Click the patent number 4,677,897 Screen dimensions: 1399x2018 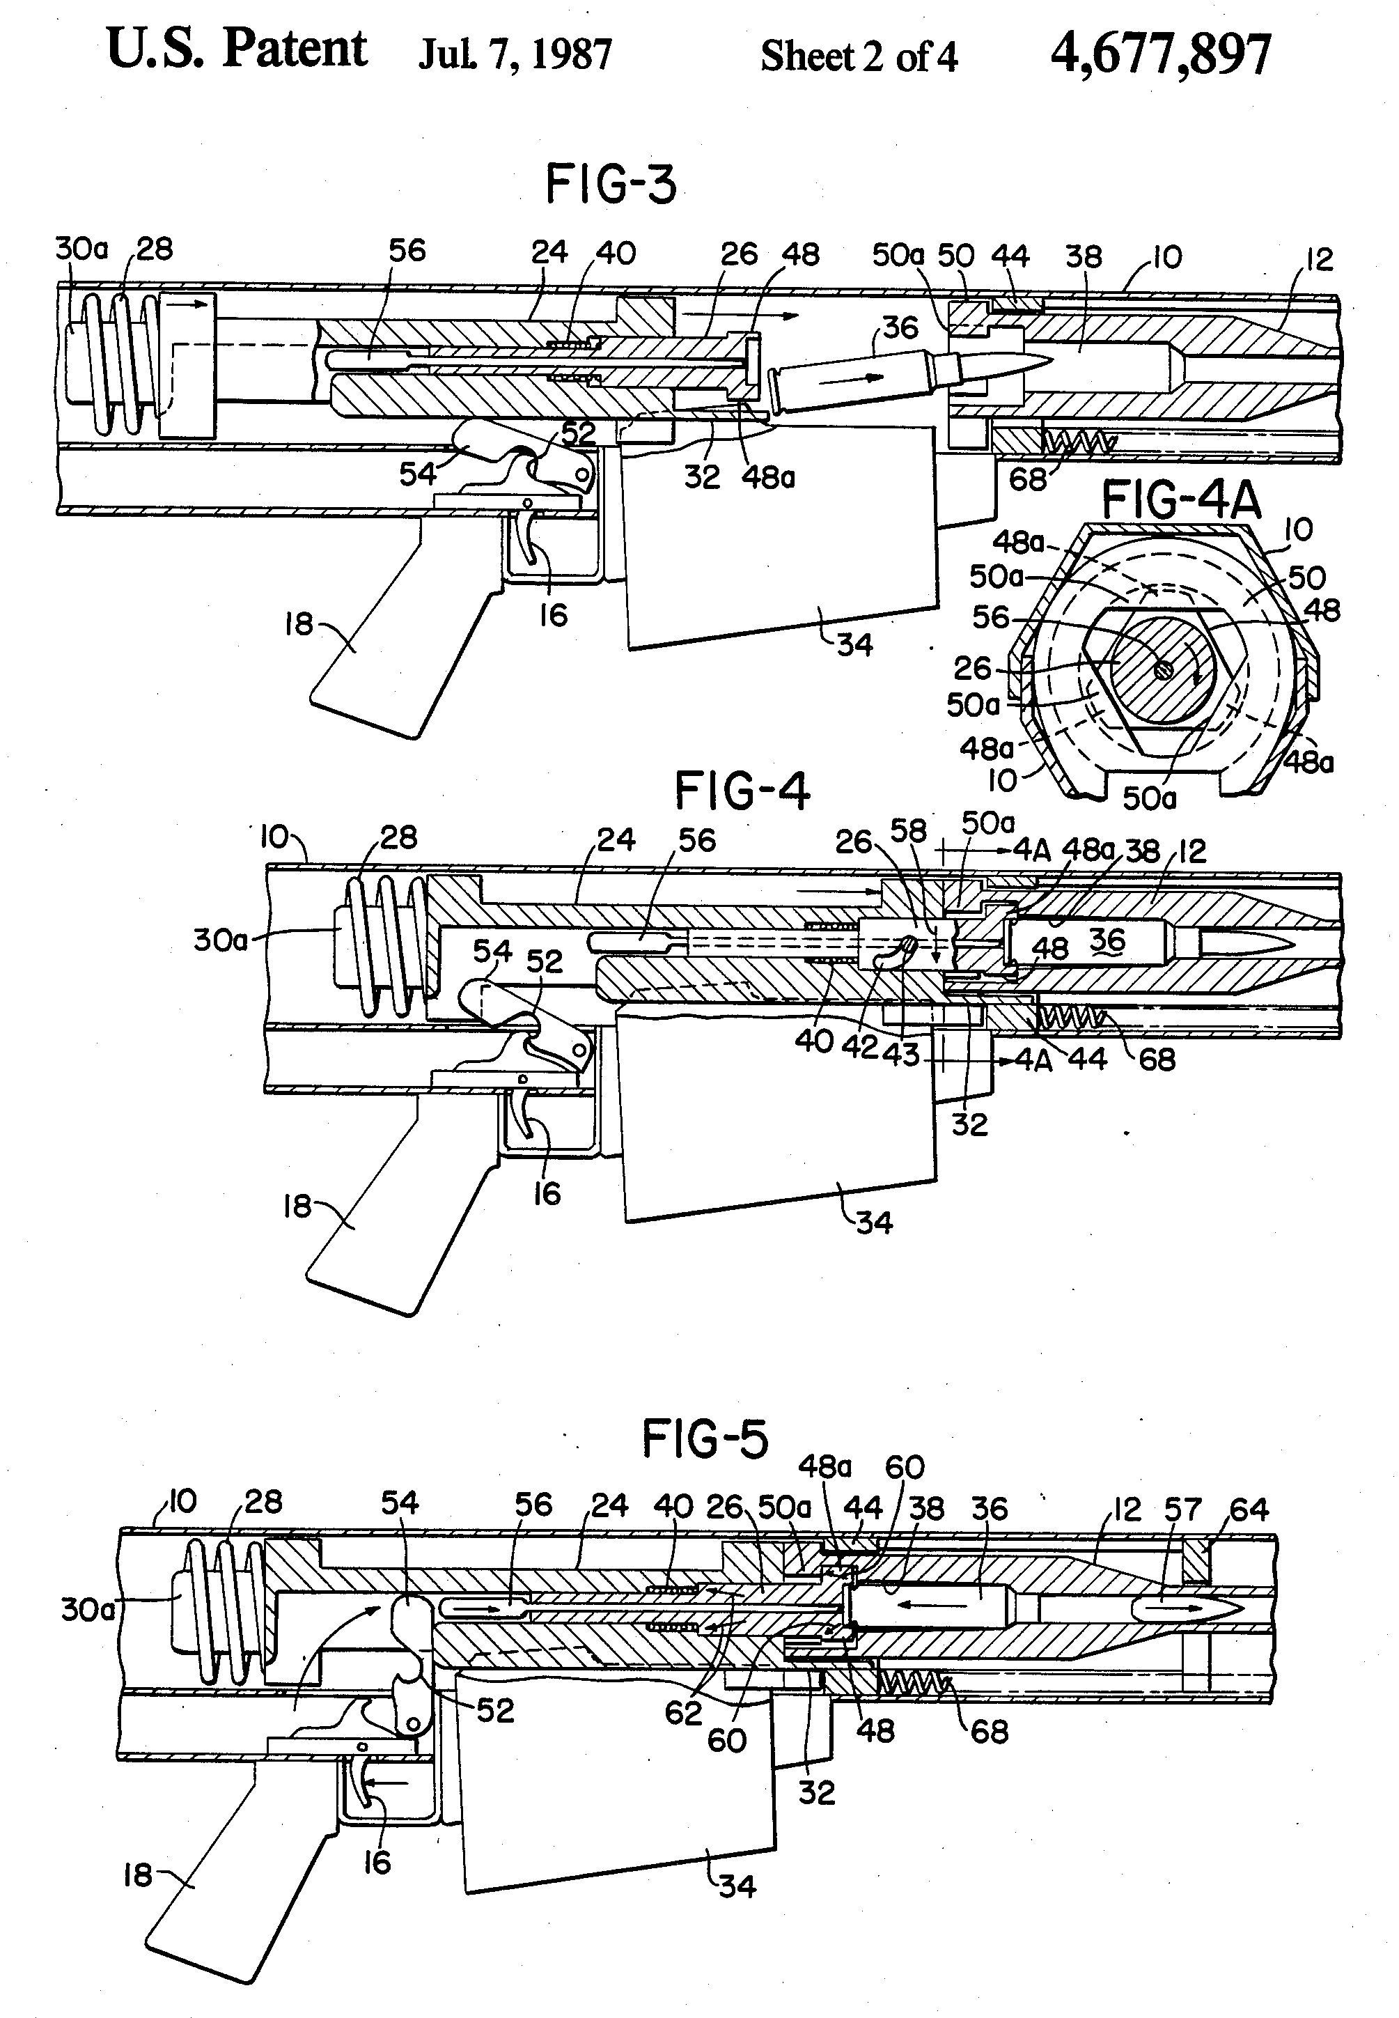point(1159,54)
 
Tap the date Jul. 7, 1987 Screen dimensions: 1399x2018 point(515,55)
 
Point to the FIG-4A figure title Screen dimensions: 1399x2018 point(1181,502)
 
